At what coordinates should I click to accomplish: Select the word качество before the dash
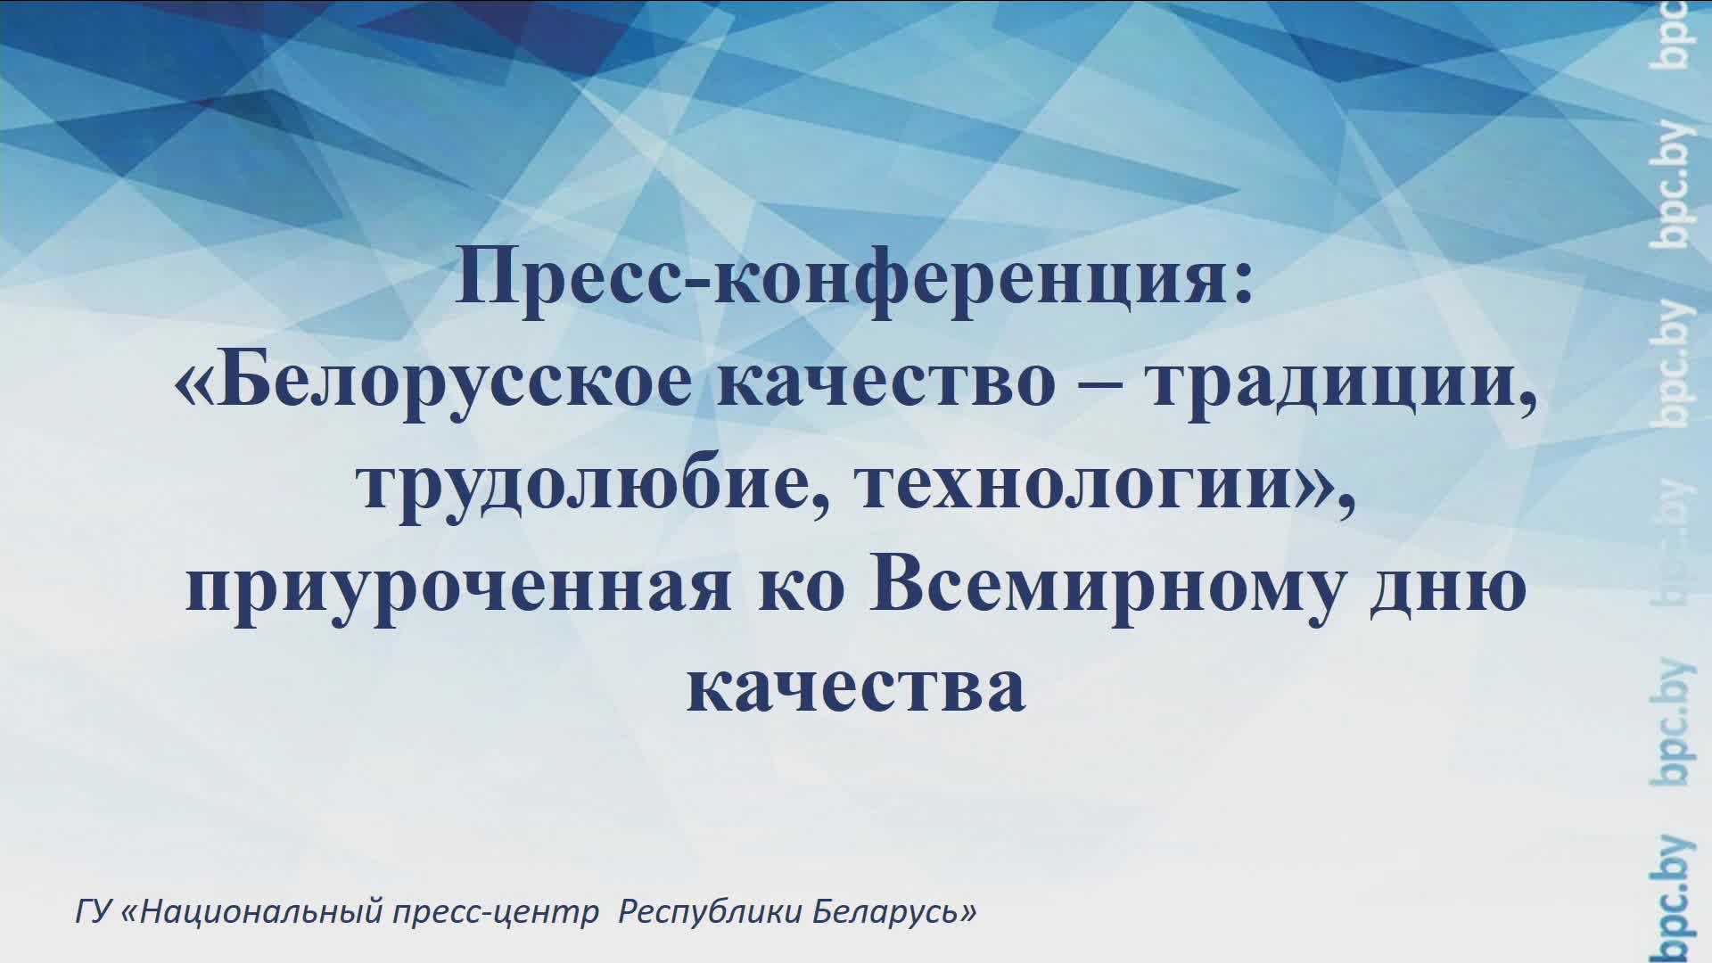point(886,385)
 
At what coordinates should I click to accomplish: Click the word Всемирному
point(1107,588)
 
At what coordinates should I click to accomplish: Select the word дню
point(1448,588)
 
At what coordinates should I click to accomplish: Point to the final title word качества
point(856,688)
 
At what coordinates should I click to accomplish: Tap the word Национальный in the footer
point(264,913)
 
